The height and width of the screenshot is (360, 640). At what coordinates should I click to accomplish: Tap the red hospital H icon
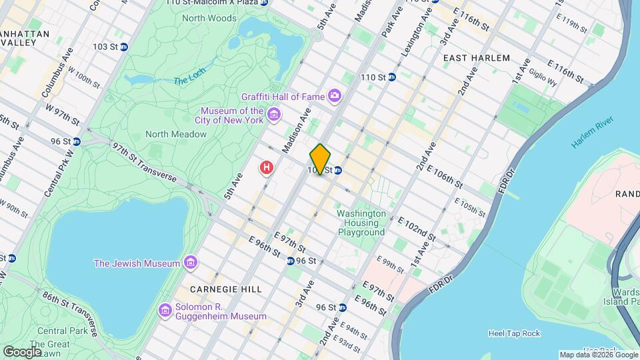267,167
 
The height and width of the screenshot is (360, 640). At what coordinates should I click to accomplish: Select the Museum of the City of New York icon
273,116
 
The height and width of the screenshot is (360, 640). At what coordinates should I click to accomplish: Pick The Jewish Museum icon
191,263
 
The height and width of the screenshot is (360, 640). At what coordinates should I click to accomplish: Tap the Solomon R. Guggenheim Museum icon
165,310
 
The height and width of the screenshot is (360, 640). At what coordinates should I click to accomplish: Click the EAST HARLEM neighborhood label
477,58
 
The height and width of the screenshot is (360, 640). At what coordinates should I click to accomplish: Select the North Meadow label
176,134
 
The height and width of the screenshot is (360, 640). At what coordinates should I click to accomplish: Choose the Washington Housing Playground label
361,223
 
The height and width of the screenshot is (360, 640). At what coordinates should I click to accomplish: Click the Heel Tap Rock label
514,333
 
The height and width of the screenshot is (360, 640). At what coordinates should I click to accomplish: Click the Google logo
22,351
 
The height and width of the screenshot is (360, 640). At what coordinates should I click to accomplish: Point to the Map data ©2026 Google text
597,355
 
